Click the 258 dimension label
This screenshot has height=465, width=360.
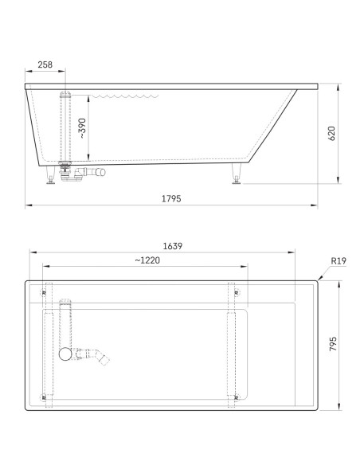point(45,64)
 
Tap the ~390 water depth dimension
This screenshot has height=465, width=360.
point(82,128)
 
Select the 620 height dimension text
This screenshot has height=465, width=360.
point(332,134)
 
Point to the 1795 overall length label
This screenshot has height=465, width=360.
point(171,198)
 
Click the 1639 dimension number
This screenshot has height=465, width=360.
point(173,246)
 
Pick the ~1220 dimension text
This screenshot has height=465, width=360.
point(147,260)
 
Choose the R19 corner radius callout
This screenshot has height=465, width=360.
point(338,260)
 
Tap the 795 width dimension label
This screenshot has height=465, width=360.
point(333,344)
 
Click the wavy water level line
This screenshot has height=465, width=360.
point(125,96)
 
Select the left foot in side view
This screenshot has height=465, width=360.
point(51,174)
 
